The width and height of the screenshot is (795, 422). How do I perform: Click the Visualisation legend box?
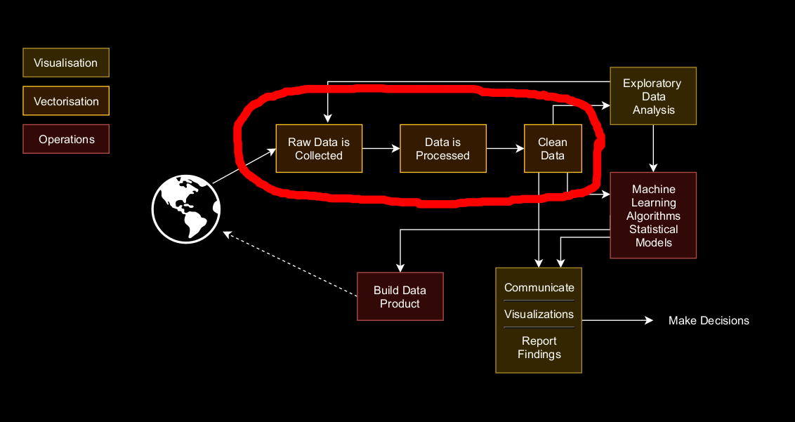pyautogui.click(x=66, y=62)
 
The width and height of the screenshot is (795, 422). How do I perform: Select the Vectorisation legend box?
pyautogui.click(x=66, y=101)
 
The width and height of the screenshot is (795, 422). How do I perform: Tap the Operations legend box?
pyautogui.click(x=66, y=139)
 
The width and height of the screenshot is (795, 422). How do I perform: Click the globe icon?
pyautogui.click(x=186, y=209)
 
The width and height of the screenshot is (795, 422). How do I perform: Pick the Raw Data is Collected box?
pyautogui.click(x=319, y=149)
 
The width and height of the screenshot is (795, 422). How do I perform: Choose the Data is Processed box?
pyautogui.click(x=442, y=149)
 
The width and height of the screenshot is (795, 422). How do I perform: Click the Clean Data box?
pyautogui.click(x=553, y=149)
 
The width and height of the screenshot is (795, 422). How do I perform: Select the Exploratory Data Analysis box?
pyautogui.click(x=653, y=96)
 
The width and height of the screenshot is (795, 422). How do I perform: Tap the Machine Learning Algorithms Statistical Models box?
pyautogui.click(x=653, y=216)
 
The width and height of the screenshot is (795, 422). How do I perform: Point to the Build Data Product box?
pyautogui.click(x=400, y=296)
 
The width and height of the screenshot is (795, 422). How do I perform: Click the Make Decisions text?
pyautogui.click(x=709, y=321)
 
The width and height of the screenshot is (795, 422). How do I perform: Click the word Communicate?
pyautogui.click(x=539, y=287)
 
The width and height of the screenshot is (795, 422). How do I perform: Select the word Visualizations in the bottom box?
pyautogui.click(x=539, y=314)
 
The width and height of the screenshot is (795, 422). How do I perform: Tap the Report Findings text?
pyautogui.click(x=539, y=348)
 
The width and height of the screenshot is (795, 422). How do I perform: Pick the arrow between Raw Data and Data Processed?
pyautogui.click(x=381, y=149)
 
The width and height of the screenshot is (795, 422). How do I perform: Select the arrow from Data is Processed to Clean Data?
pyautogui.click(x=505, y=149)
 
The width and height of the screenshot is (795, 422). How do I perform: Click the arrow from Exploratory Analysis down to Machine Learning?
pyautogui.click(x=653, y=148)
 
